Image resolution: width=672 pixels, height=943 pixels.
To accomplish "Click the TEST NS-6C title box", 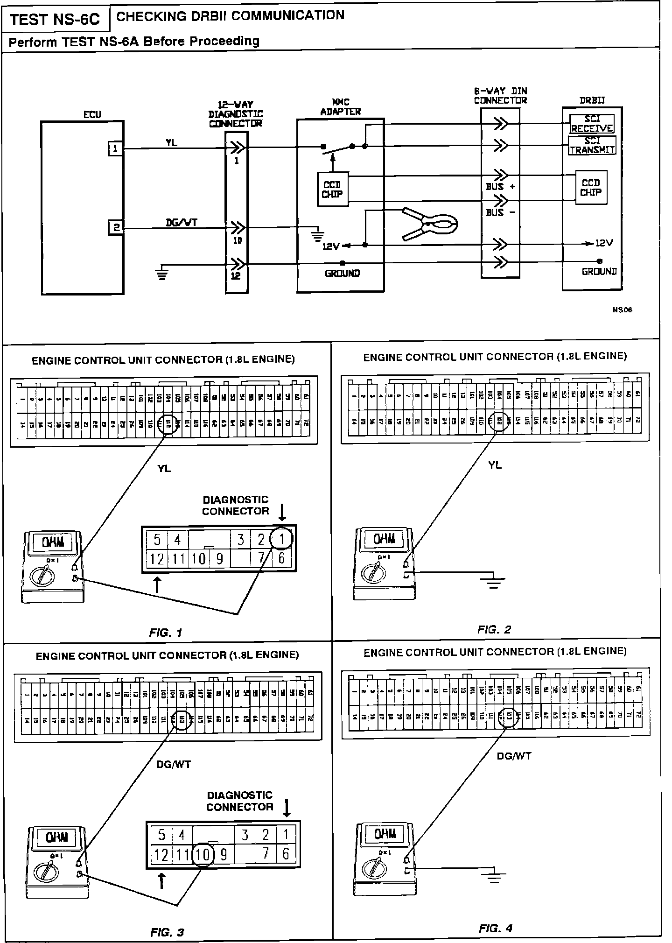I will [55, 20].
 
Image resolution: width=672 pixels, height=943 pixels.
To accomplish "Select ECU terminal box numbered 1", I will [115, 148].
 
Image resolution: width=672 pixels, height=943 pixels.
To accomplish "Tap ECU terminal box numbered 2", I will [116, 228].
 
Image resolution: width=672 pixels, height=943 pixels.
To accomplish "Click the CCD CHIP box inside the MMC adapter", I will [332, 190].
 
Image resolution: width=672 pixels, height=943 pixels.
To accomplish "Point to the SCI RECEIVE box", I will [592, 124].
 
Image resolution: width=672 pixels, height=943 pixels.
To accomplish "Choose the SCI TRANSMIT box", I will [592, 145].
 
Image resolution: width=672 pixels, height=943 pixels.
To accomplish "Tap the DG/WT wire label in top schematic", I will [182, 222].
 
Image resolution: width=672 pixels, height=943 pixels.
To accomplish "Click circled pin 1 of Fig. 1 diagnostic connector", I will [281, 539].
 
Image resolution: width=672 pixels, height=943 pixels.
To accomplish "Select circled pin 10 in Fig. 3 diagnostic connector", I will [203, 854].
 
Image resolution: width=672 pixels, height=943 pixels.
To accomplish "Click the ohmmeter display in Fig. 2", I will [385, 539].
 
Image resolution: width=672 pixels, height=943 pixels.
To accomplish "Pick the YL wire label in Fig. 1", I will [164, 468].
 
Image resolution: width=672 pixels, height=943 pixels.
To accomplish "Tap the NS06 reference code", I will [623, 310].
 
